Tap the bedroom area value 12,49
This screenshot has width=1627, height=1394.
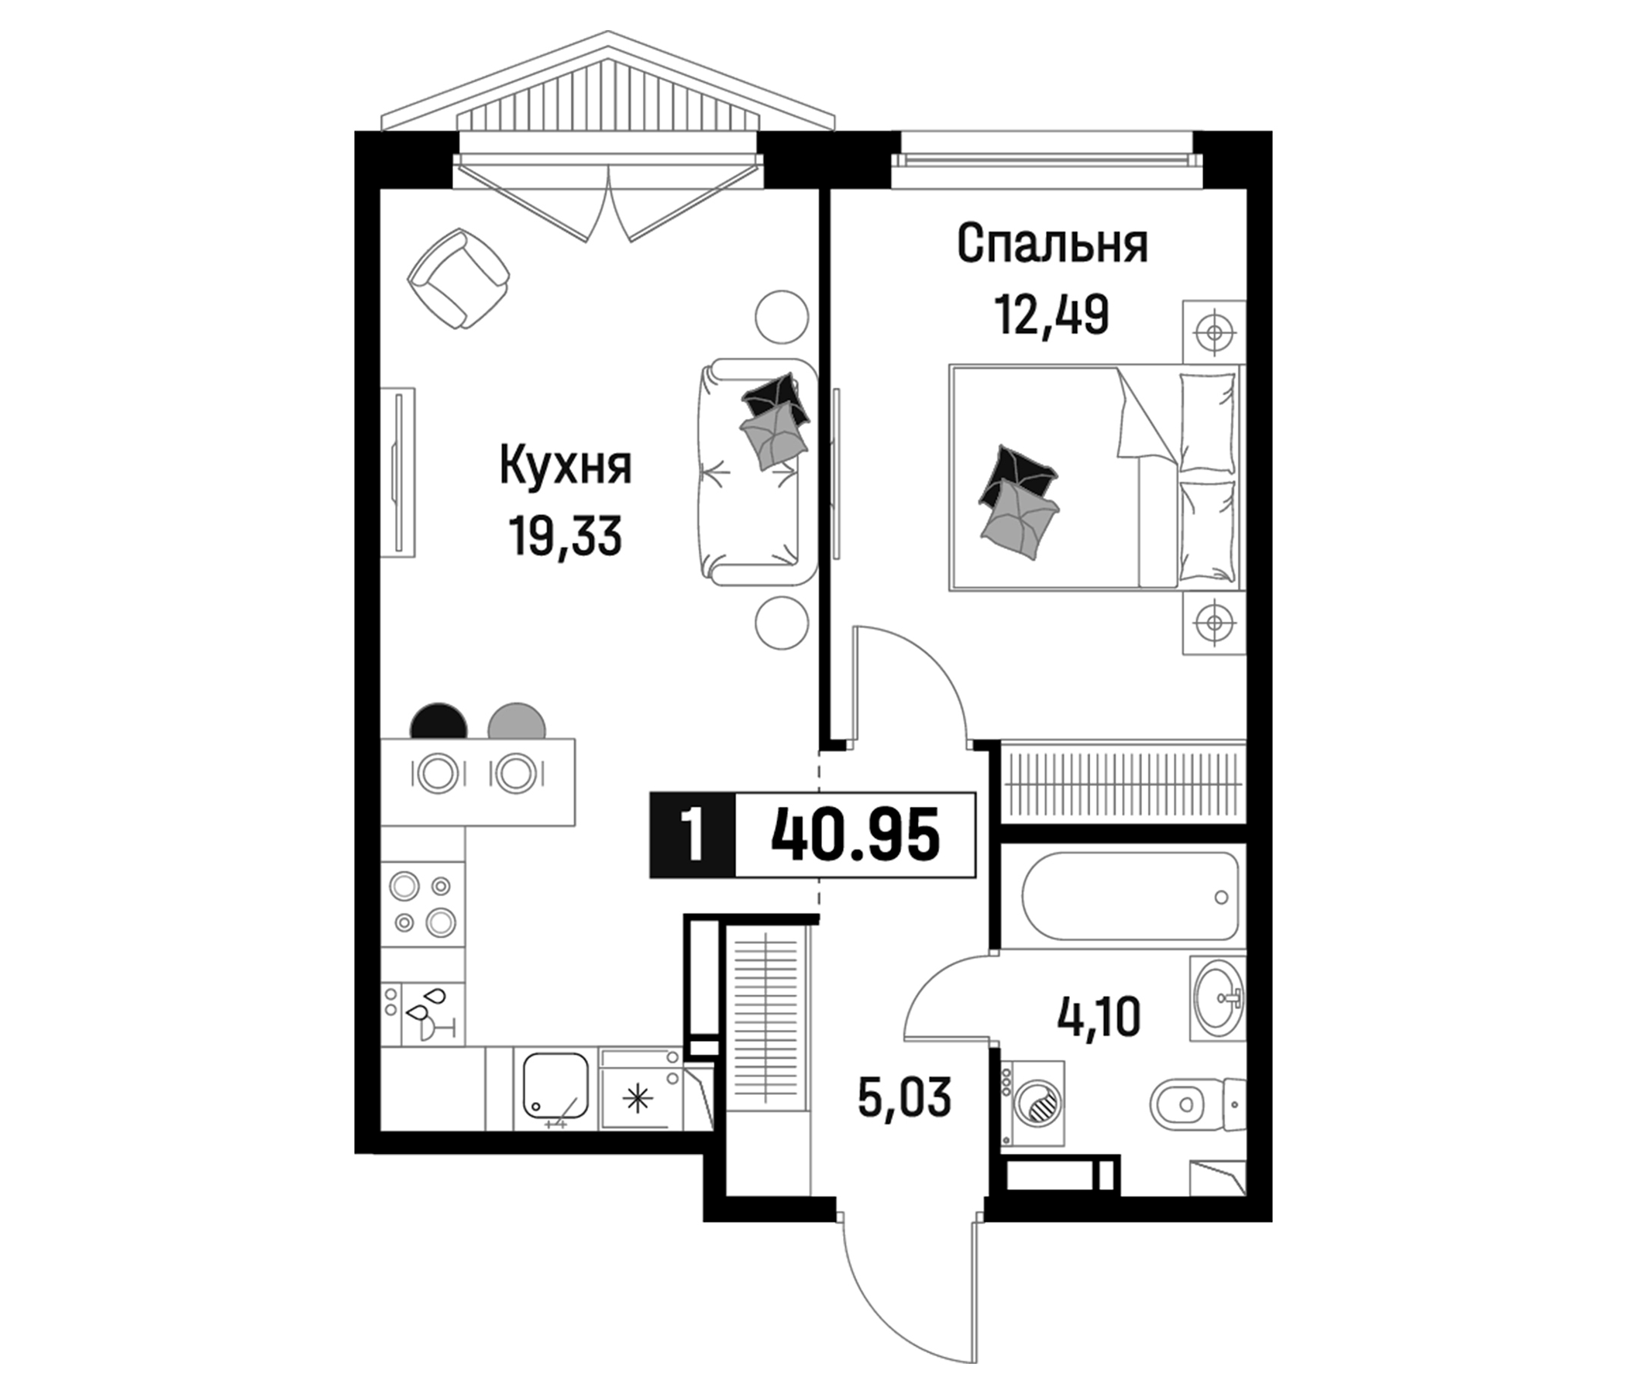(1051, 314)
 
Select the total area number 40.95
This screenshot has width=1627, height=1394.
(855, 835)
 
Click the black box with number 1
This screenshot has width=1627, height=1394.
(692, 835)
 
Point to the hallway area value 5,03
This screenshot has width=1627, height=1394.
(905, 1097)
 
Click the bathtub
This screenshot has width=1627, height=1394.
(1130, 895)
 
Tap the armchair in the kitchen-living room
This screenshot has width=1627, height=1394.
(459, 280)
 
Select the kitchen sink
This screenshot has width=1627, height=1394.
(556, 1087)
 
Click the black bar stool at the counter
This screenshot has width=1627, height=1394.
(439, 722)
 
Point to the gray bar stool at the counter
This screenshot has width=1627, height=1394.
(516, 722)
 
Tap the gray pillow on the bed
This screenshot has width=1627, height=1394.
(1020, 520)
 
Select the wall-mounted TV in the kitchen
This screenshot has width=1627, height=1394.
(399, 472)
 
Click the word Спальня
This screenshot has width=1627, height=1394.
(1052, 244)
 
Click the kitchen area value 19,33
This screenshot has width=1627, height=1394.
(566, 537)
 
